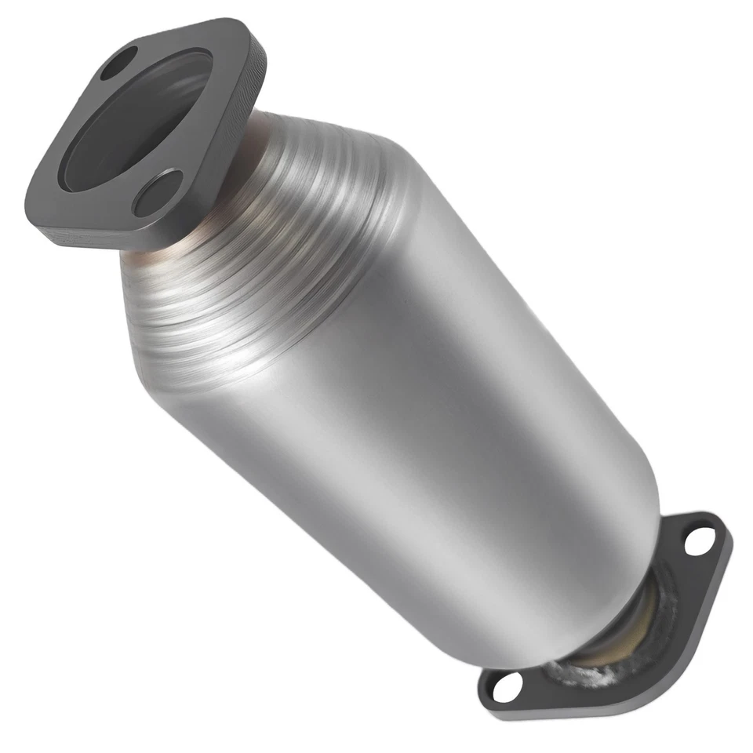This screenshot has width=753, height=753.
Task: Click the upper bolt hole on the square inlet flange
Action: click(x=119, y=64)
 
